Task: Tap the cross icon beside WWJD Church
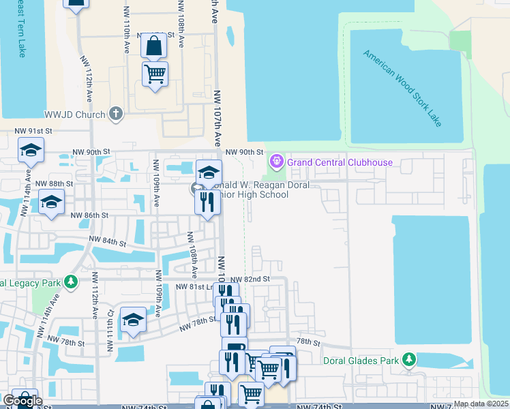pos(116,114)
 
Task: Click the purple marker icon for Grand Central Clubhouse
pos(276,162)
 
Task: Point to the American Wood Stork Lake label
pos(402,88)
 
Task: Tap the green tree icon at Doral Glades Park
pos(408,359)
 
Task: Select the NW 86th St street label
pos(89,215)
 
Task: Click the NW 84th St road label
pos(108,241)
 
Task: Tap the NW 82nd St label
pos(250,279)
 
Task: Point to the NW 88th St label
pos(54,184)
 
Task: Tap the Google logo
pos(22,402)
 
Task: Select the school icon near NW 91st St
pos(31,149)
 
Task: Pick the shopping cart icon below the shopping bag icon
pos(155,73)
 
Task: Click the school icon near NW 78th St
pos(133,320)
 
